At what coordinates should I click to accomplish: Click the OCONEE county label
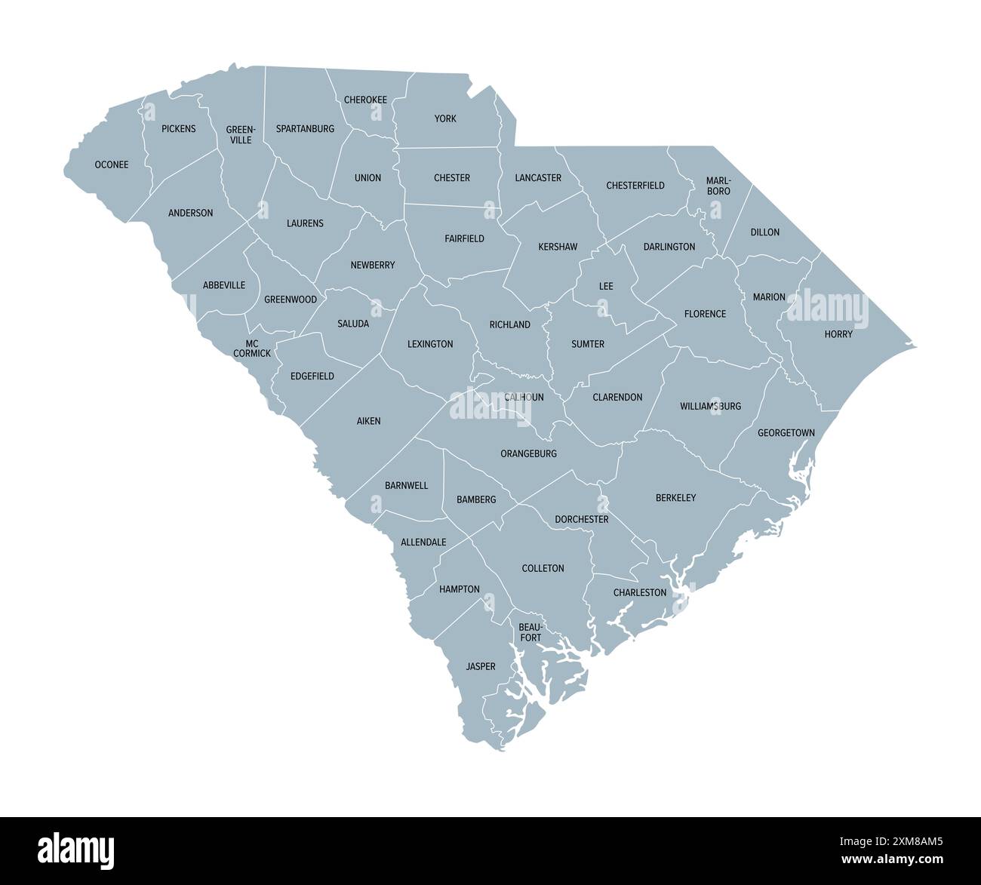coord(111,164)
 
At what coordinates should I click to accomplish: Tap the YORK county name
coord(445,118)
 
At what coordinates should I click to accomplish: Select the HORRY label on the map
coord(838,333)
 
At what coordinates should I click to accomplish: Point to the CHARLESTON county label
coord(640,592)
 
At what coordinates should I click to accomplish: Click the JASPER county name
coord(481,666)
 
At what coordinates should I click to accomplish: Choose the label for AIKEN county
coord(368,421)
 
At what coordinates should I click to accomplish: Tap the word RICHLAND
coord(509,324)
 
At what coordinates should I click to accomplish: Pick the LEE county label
coord(606,287)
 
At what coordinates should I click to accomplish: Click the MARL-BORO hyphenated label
coord(718,186)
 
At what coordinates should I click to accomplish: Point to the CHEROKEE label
coord(365,100)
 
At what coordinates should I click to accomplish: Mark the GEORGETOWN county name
coord(786,432)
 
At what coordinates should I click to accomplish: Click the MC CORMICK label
coord(252,348)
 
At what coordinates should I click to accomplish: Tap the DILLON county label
coord(764,232)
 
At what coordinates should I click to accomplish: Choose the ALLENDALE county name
coord(423,542)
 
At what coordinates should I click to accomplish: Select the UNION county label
coord(367,178)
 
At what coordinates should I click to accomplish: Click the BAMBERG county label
coord(476,499)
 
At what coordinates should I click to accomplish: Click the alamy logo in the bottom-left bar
coord(76,850)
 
